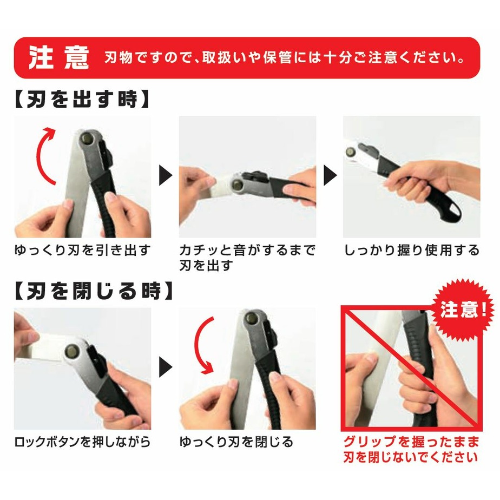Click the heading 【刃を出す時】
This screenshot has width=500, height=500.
click(x=81, y=100)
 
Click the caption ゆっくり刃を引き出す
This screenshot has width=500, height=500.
click(x=82, y=251)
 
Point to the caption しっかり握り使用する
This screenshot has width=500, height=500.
click(x=412, y=251)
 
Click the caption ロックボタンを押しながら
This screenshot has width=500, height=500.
click(x=82, y=442)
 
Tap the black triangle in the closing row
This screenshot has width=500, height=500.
click(x=166, y=368)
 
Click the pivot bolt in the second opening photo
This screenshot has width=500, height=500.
click(x=239, y=182)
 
